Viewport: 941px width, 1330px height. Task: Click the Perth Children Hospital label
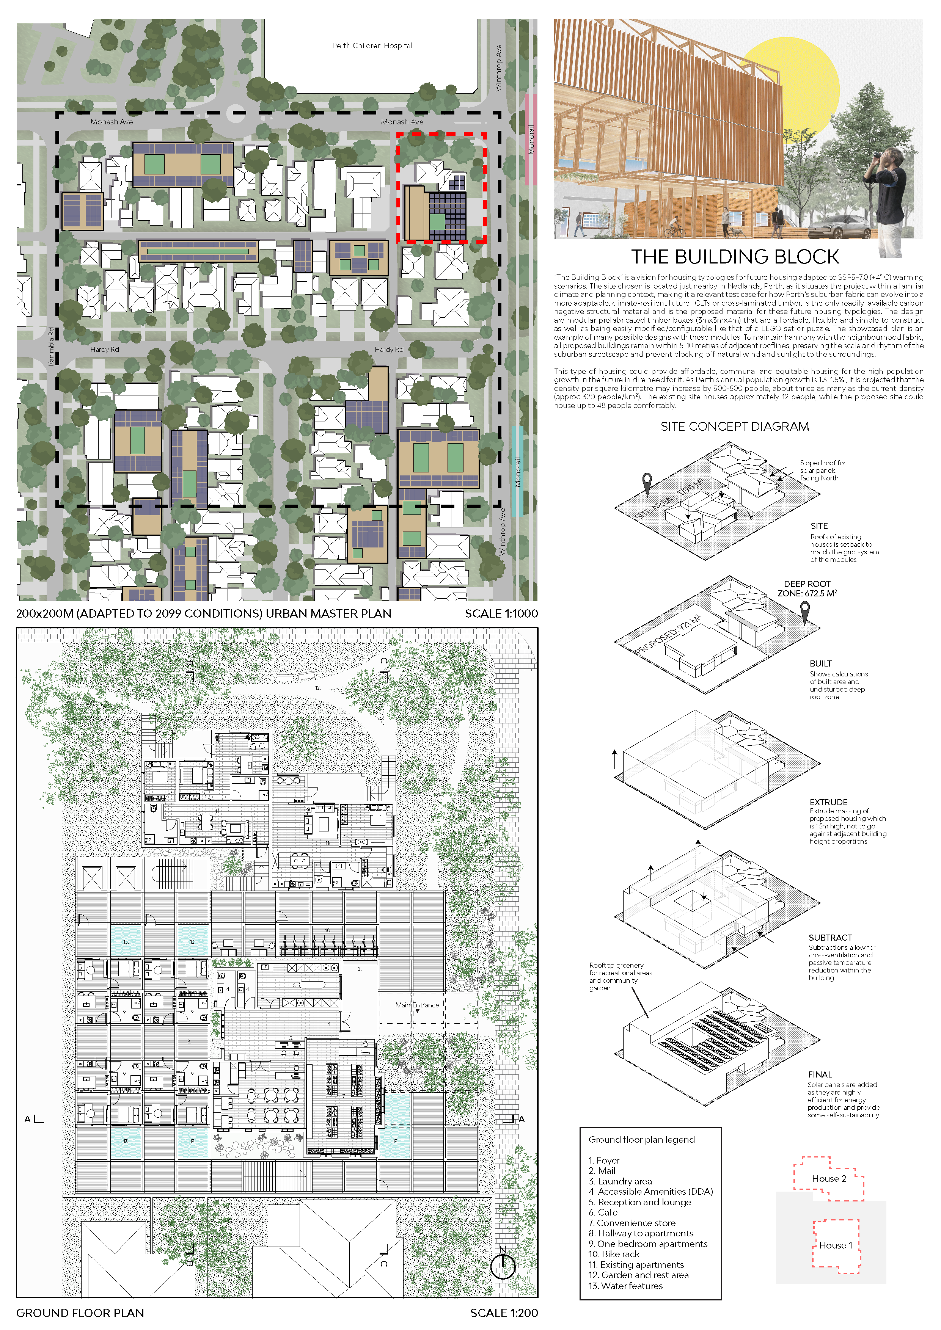click(372, 46)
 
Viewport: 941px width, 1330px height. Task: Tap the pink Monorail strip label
click(531, 140)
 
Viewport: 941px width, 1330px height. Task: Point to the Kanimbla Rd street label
click(51, 347)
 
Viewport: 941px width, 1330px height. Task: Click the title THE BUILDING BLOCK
click(735, 257)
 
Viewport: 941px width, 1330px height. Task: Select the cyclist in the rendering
click(674, 227)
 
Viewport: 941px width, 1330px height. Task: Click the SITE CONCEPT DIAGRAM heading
click(734, 427)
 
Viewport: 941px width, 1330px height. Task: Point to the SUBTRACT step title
click(830, 937)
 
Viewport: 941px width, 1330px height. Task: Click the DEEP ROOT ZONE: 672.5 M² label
click(807, 588)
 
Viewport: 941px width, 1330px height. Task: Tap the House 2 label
click(829, 1178)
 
